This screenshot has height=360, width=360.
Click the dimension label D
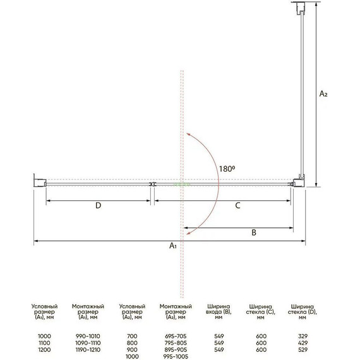tap(98, 206)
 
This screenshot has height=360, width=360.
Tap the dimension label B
tap(253, 232)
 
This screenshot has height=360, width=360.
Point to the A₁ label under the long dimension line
tap(172, 247)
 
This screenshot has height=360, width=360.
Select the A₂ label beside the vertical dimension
tap(323, 93)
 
